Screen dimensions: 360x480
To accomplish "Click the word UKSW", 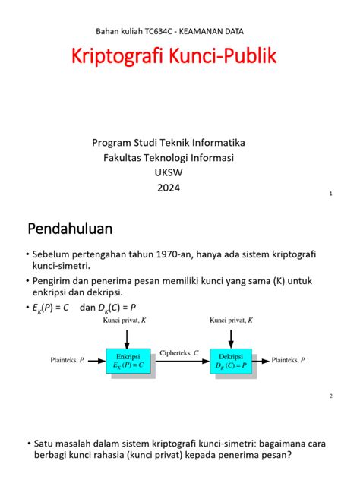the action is pyautogui.click(x=169, y=173).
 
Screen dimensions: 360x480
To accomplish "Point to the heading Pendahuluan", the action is pyautogui.click(x=70, y=228).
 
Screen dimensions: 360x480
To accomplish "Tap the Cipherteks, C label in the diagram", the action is pyautogui.click(x=180, y=353).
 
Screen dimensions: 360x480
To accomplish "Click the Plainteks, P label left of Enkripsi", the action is pyautogui.click(x=68, y=361).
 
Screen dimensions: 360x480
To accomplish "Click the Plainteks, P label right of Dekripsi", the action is pyautogui.click(x=289, y=361).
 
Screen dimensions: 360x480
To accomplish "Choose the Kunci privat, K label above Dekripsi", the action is pyautogui.click(x=231, y=321).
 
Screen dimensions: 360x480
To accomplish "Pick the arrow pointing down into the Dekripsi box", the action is pyautogui.click(x=231, y=336).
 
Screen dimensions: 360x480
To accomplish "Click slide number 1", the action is pyautogui.click(x=331, y=194).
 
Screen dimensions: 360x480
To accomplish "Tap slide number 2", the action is pyautogui.click(x=331, y=396).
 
